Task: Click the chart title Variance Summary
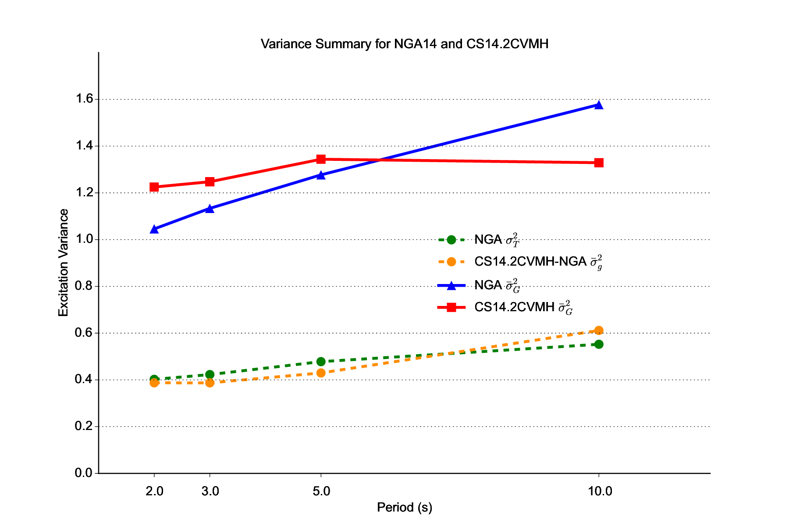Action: [404, 44]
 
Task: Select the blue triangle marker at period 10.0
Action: [599, 105]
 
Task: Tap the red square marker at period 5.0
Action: [321, 159]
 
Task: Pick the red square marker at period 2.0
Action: [154, 187]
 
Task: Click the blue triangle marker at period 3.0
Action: [210, 209]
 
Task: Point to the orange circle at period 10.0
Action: [599, 331]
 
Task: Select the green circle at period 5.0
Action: [321, 362]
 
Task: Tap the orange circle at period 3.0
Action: [210, 383]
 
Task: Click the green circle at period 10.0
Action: [599, 344]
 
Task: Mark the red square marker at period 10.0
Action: [599, 163]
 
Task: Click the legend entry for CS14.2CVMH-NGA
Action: [530, 262]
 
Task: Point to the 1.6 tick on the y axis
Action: [84, 99]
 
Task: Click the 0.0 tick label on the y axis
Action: [84, 473]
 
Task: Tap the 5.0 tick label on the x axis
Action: [321, 491]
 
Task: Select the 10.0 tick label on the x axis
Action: [600, 491]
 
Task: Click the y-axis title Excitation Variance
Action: [64, 263]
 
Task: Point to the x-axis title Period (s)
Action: [404, 508]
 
